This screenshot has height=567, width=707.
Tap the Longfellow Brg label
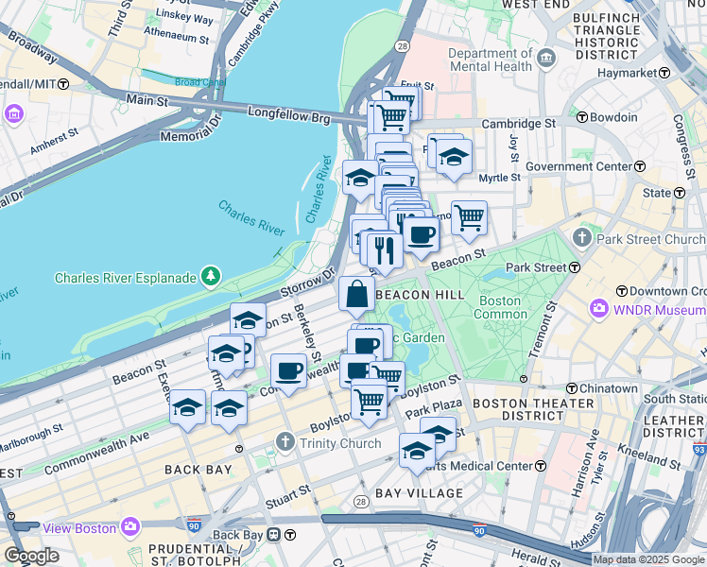[288, 114]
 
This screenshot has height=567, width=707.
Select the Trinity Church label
[339, 442]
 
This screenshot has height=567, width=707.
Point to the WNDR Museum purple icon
[598, 309]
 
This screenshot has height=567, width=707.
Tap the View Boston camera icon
[130, 525]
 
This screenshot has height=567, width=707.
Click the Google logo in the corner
[31, 556]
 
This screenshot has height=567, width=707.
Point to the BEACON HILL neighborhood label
[420, 295]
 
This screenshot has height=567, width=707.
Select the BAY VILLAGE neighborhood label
[419, 493]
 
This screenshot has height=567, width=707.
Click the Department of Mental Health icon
[546, 60]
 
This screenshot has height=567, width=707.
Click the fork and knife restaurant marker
[384, 250]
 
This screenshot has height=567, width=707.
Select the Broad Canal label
[199, 82]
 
